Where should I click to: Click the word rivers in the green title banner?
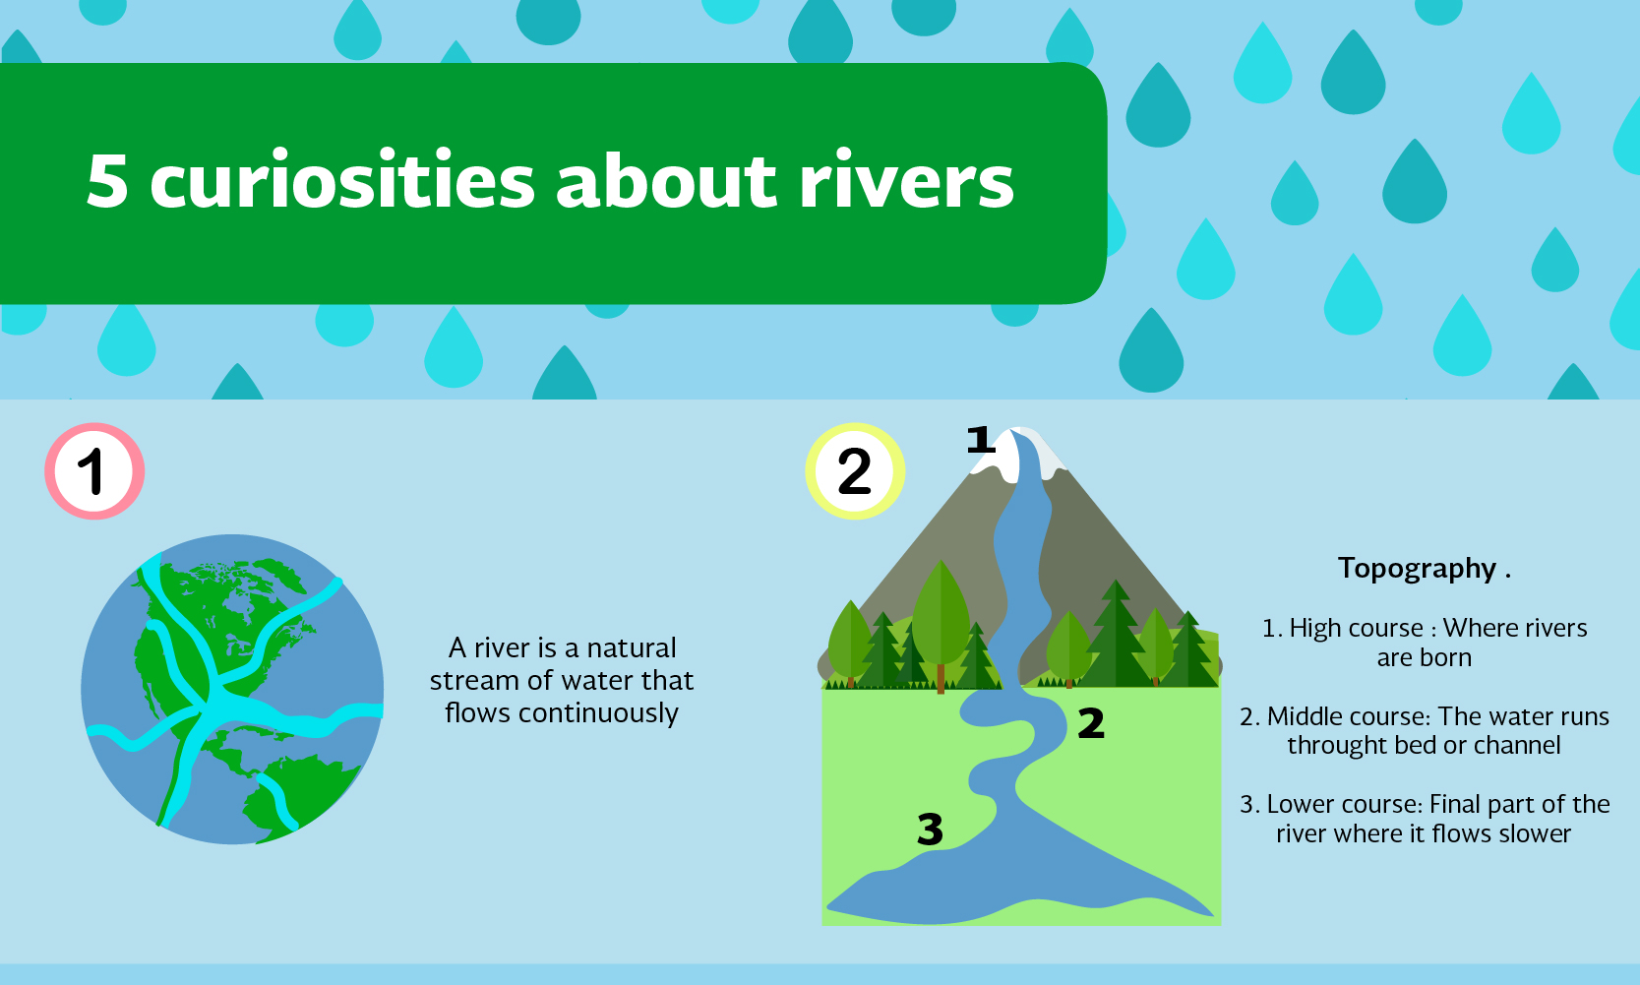pos(906,181)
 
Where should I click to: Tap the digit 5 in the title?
pos(107,181)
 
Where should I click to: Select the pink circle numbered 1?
pos(94,471)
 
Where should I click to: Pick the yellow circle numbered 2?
pos(855,471)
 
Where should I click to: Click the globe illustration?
pos(232,689)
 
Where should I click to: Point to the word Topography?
pos(1417,569)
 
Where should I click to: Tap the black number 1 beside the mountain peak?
pos(981,440)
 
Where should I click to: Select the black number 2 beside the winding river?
pos(1091,723)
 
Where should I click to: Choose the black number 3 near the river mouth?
pos(930,830)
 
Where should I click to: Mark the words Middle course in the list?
pos(1349,716)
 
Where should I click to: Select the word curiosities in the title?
pos(342,181)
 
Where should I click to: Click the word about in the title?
pos(665,181)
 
